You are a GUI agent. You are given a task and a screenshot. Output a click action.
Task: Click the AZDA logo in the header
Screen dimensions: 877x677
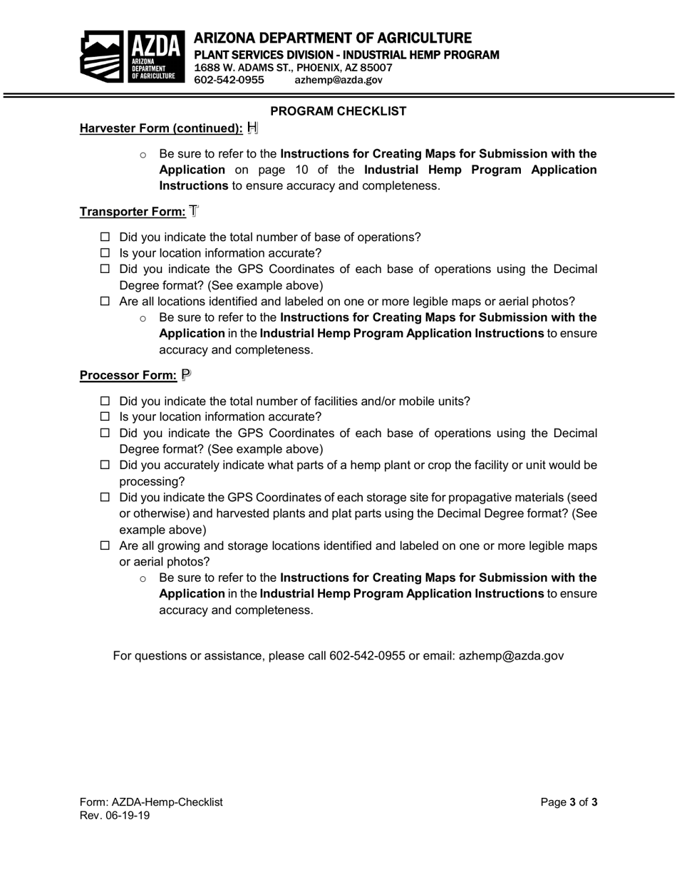coord(130,56)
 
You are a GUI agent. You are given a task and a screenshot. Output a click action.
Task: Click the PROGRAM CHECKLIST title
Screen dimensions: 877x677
coord(338,111)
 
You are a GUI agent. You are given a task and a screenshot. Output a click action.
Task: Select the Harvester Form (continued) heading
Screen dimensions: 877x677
coord(161,128)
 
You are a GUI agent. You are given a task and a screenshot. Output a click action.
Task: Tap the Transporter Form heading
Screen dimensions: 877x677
coord(133,212)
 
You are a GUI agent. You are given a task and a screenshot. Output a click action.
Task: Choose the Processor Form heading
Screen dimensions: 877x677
coord(128,375)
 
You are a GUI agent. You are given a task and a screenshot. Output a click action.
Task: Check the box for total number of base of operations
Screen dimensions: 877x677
coord(105,237)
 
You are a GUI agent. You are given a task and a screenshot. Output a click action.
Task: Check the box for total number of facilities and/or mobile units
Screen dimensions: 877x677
coord(105,401)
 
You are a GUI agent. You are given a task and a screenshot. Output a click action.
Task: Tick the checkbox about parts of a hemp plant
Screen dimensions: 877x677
coord(105,465)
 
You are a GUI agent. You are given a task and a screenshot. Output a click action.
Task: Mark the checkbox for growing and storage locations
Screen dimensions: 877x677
coord(105,545)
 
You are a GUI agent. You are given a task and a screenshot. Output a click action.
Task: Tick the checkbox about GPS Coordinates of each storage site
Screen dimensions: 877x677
coord(105,497)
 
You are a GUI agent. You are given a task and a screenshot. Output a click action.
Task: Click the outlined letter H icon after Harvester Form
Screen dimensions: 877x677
coord(252,128)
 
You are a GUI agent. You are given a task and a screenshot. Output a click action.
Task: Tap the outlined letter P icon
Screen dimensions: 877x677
coord(186,374)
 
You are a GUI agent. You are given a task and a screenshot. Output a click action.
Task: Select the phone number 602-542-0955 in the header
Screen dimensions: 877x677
coord(229,80)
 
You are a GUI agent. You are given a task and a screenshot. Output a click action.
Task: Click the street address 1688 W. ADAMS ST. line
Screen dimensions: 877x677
coord(293,68)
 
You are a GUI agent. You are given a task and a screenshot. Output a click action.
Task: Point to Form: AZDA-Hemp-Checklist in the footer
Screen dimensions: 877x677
coord(151,802)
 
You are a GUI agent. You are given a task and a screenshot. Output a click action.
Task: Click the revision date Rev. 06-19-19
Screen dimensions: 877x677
coord(115,816)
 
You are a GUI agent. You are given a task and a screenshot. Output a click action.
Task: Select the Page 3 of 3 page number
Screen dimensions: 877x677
coord(569,802)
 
